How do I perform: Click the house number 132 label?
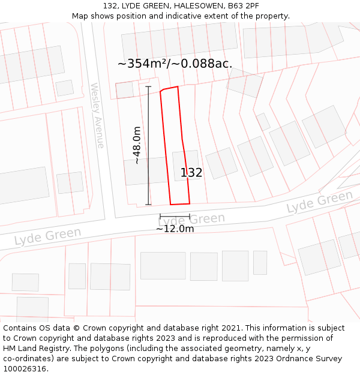click(191, 173)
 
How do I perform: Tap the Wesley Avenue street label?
click(97, 115)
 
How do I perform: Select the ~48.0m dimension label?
click(137, 145)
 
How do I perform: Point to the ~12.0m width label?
click(175, 229)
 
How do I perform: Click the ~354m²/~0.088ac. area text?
click(175, 64)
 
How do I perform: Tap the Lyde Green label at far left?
click(47, 236)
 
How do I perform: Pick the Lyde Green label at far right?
click(320, 202)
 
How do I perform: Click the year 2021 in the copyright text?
click(231, 328)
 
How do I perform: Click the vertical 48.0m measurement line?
click(148, 145)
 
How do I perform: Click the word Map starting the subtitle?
click(80, 16)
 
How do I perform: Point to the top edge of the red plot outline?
click(170, 89)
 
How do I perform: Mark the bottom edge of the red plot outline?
click(180, 204)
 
